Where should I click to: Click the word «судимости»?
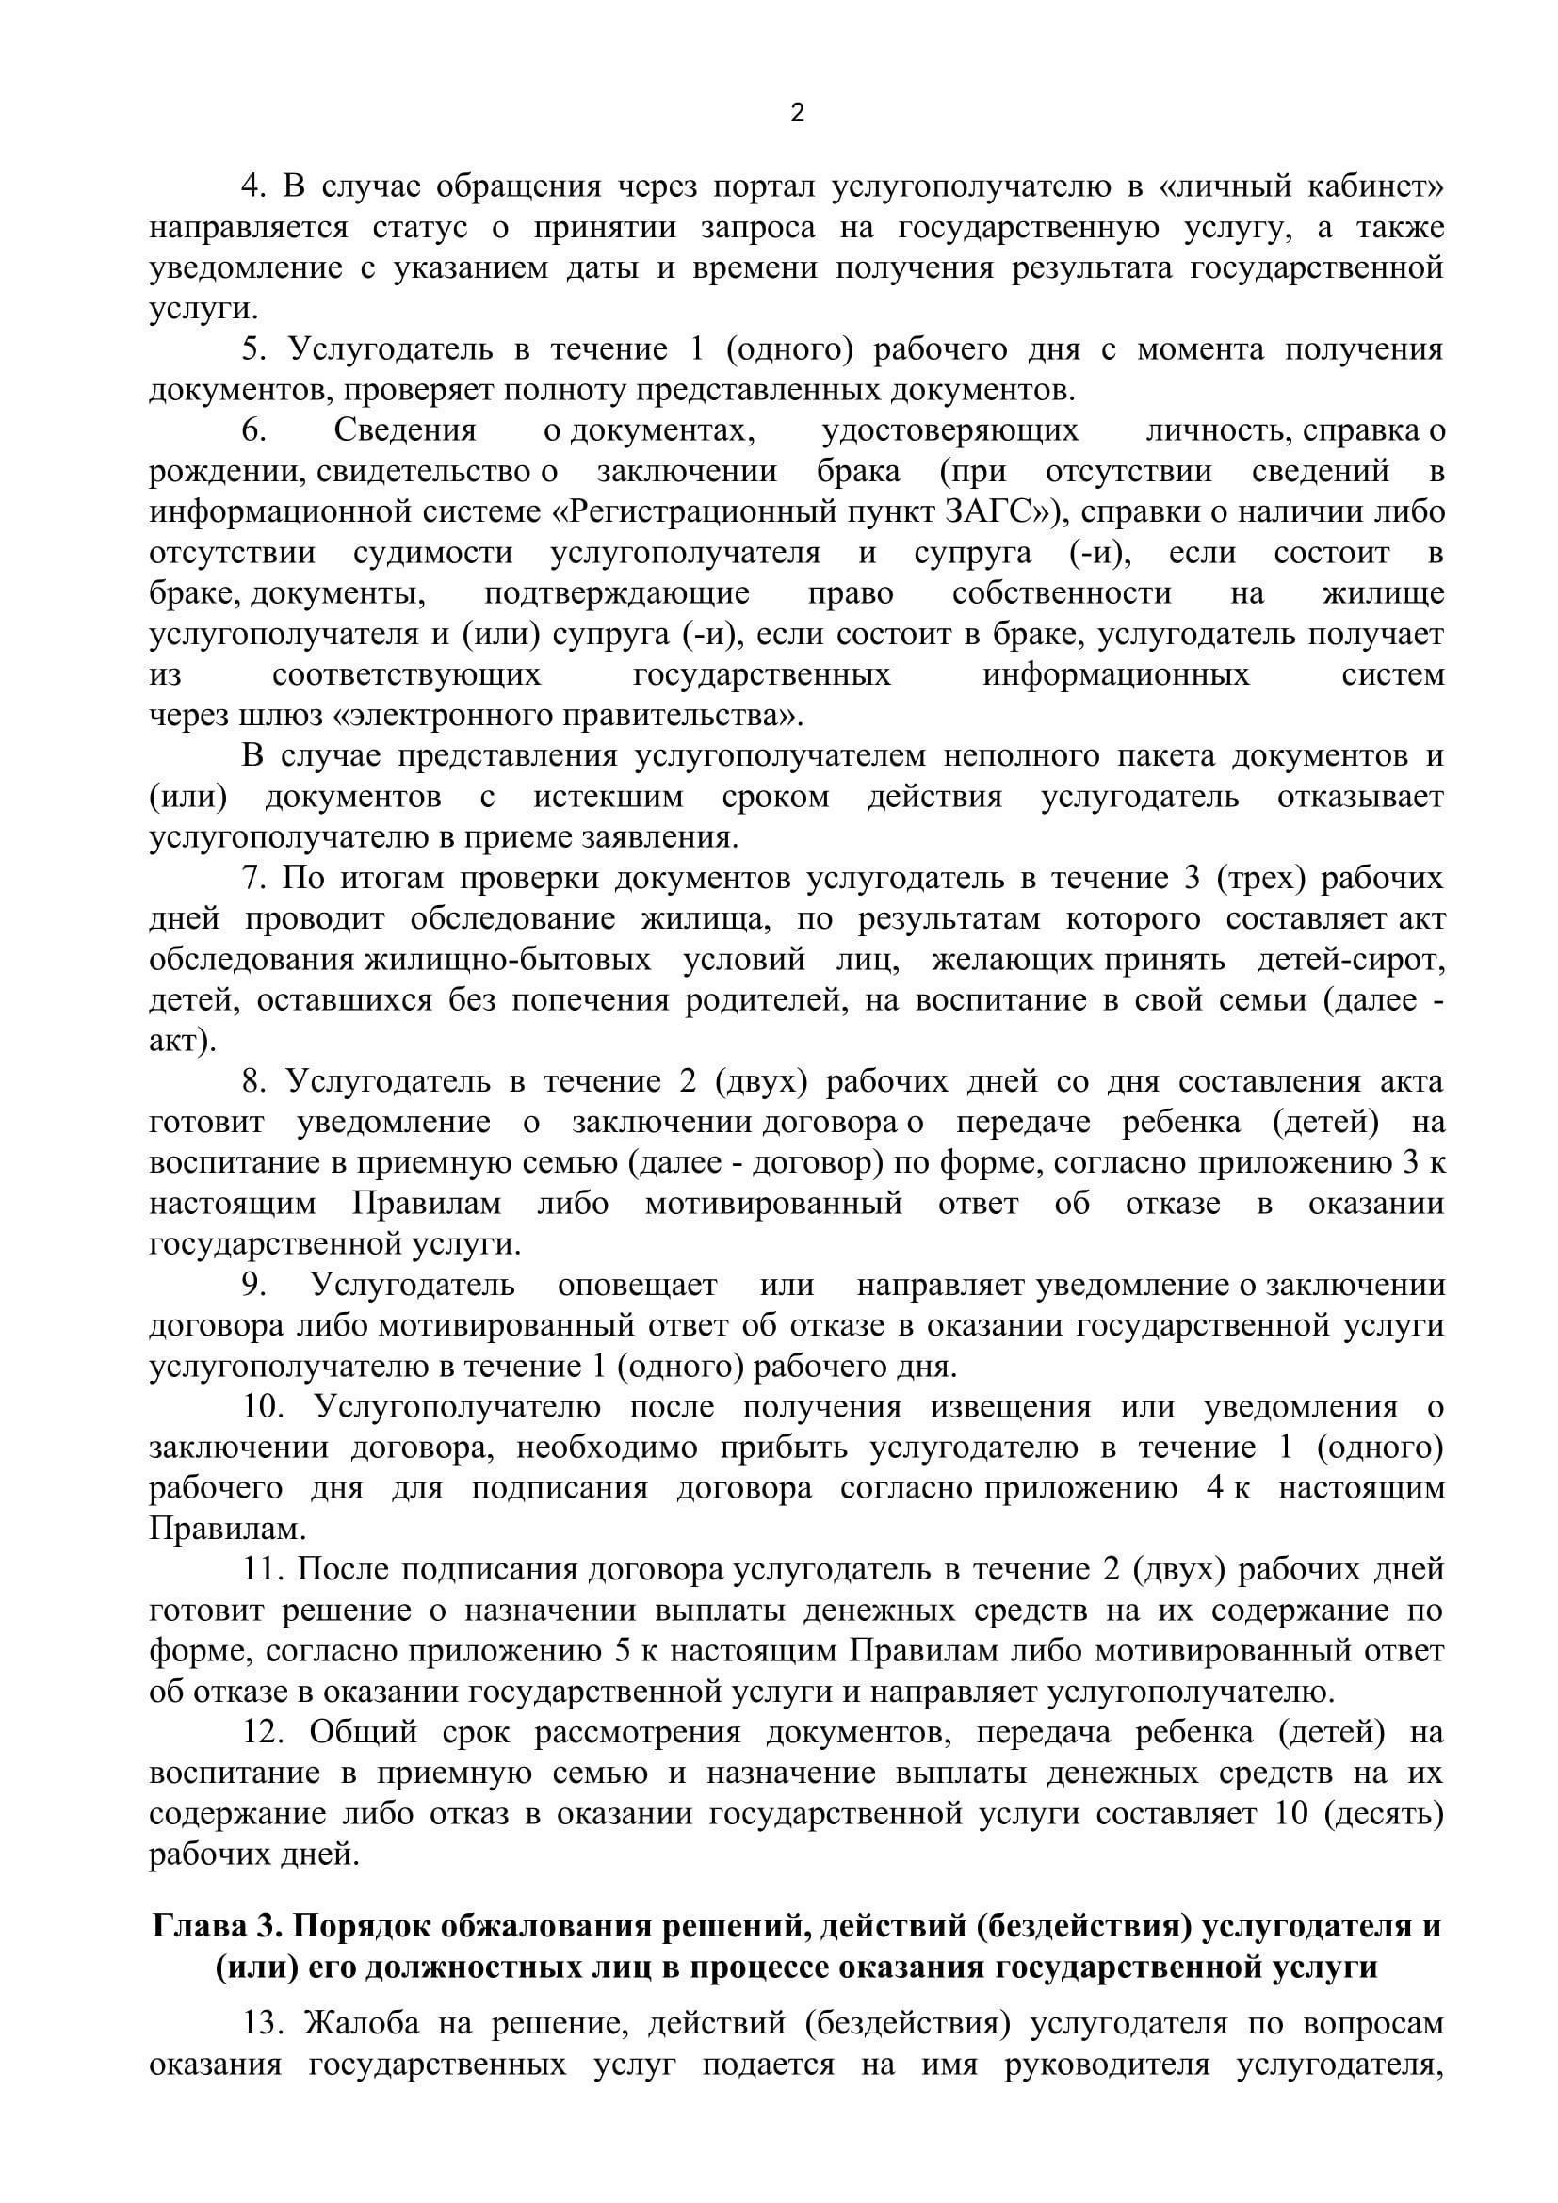click(432, 554)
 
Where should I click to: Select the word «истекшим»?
click(609, 798)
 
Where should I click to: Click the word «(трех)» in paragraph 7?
click(1261, 879)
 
